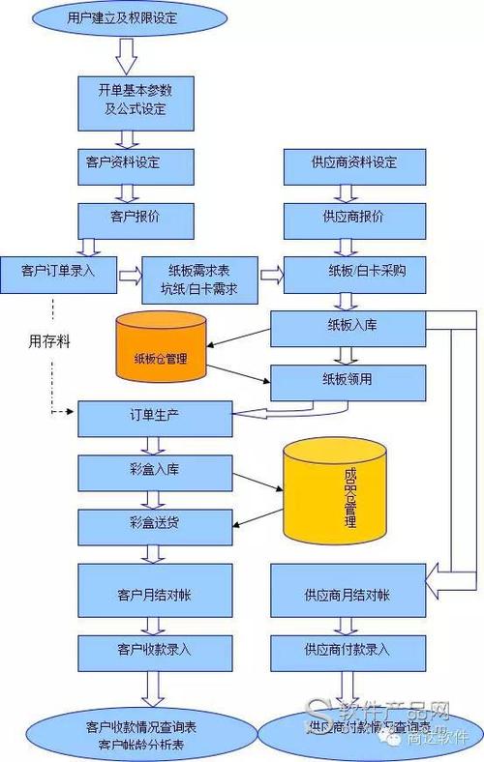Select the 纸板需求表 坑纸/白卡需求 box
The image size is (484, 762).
199,277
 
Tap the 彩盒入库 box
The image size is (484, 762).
154,472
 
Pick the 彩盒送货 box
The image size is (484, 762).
154,525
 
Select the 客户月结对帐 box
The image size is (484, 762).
154,593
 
